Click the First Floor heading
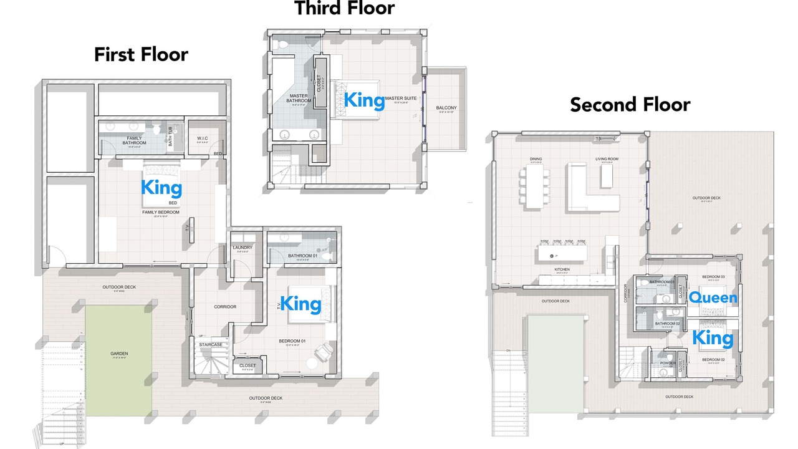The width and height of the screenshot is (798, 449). click(141, 54)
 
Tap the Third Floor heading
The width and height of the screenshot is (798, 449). click(344, 8)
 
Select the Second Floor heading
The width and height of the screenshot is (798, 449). click(630, 104)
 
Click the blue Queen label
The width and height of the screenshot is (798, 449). click(712, 298)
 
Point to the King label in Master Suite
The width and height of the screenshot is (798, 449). click(365, 100)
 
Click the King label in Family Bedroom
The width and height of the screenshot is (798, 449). click(161, 188)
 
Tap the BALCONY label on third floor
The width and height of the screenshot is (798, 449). click(446, 108)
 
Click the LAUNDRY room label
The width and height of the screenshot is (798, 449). click(242, 248)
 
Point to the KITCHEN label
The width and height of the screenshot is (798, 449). click(562, 269)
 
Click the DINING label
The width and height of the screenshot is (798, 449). click(536, 159)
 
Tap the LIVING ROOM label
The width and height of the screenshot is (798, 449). click(607, 159)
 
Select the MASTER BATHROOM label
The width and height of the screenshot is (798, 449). click(299, 99)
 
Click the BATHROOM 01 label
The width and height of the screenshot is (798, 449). click(302, 256)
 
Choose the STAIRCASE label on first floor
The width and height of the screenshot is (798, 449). click(211, 344)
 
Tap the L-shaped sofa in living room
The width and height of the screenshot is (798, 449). click(589, 193)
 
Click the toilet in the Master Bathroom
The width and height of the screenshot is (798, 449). click(282, 44)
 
